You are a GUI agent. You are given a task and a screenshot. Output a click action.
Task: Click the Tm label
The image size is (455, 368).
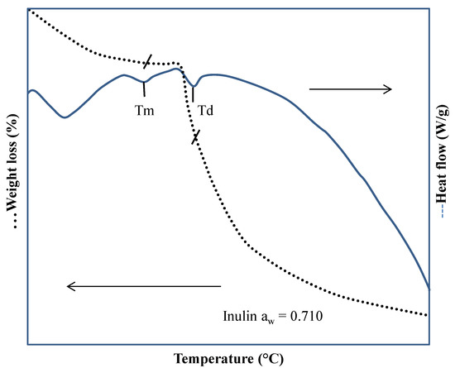click(x=145, y=109)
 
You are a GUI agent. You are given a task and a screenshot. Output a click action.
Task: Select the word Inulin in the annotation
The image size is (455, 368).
click(x=239, y=314)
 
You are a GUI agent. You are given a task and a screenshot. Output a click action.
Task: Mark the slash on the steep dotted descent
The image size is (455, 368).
click(x=196, y=136)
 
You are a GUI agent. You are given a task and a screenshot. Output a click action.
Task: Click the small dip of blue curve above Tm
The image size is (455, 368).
click(x=144, y=81)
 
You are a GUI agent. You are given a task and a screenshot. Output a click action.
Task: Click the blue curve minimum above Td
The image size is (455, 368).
click(x=194, y=86)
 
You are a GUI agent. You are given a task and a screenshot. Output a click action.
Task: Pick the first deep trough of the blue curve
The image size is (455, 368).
click(x=64, y=117)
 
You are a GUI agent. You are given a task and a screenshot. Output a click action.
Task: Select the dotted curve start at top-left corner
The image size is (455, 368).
click(x=30, y=11)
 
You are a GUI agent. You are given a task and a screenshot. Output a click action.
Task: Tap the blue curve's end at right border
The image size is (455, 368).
click(x=429, y=288)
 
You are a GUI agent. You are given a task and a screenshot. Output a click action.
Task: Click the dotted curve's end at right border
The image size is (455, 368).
click(x=428, y=315)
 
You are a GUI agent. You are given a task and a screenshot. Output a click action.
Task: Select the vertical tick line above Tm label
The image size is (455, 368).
click(x=144, y=91)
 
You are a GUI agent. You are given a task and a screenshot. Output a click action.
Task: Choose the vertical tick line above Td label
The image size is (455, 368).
click(x=194, y=95)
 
